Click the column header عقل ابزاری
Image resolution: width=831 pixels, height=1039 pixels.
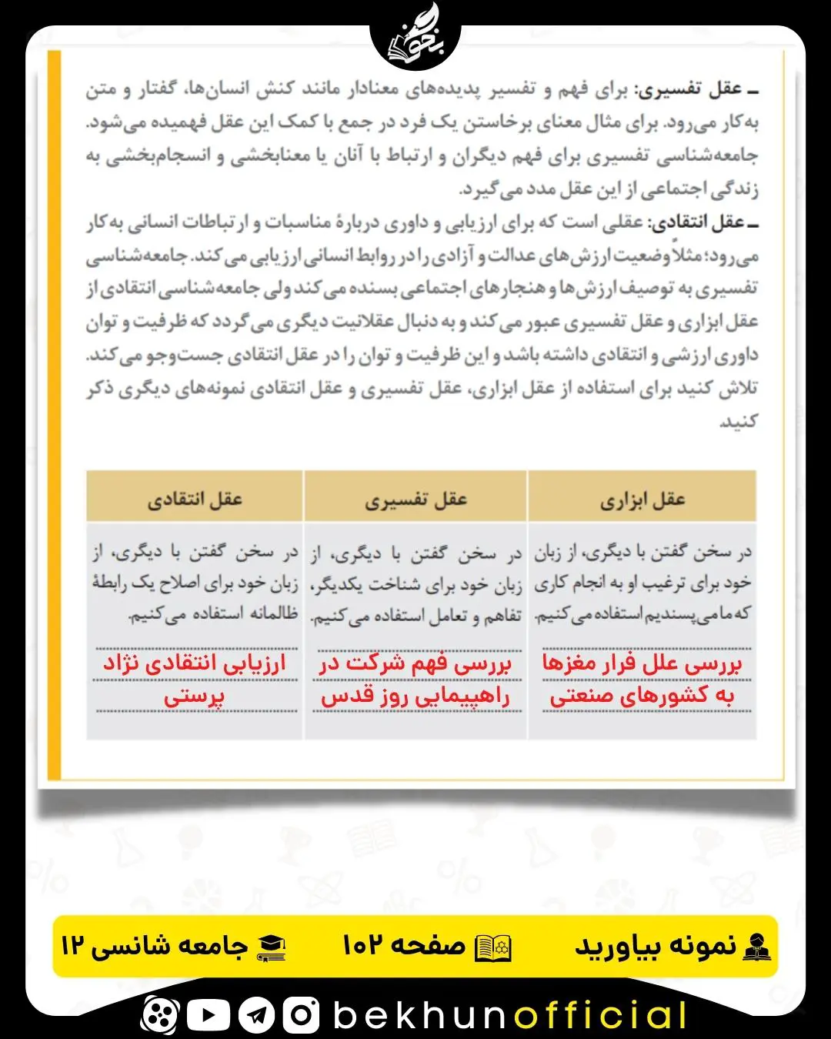[x=642, y=500]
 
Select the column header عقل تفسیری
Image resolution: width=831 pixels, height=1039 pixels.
[x=415, y=500]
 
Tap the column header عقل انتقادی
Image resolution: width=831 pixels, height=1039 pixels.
[x=195, y=500]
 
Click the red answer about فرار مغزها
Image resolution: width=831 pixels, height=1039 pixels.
[x=642, y=680]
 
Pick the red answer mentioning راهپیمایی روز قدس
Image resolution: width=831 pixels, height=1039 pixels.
[x=415, y=680]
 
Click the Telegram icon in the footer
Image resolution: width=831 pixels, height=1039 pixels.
[x=255, y=1015]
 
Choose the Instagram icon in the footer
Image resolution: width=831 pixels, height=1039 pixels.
[x=301, y=1015]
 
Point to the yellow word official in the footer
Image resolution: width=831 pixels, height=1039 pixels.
[x=601, y=1015]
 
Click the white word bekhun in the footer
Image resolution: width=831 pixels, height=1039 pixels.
[x=420, y=1015]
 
